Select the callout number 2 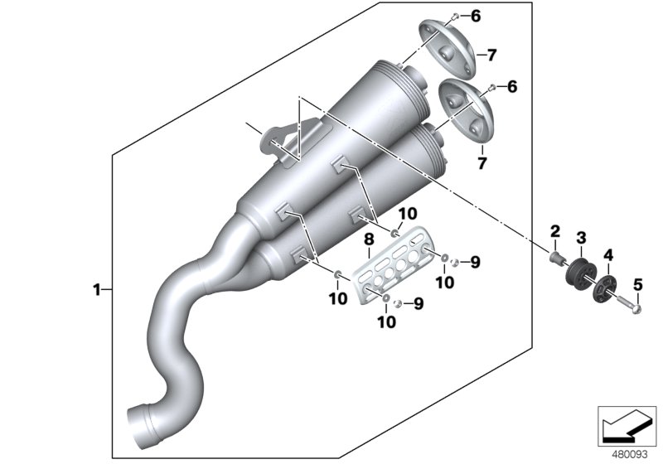[x=556, y=230]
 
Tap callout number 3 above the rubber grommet [x=582, y=238]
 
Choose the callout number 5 [x=637, y=286]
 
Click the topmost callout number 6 [x=499, y=16]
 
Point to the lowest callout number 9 [x=419, y=304]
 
